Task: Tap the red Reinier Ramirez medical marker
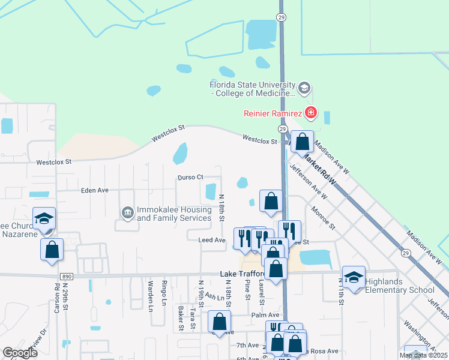point(310,112)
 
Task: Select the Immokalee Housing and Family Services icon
point(127,213)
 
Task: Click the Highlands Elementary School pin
point(354,277)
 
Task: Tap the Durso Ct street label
point(191,177)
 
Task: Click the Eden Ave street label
point(94,190)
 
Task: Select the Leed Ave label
point(211,240)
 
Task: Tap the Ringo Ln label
point(164,291)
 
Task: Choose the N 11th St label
point(340,291)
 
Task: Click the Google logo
point(20,353)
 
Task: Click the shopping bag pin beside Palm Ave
point(220,322)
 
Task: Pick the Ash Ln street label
point(214,296)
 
